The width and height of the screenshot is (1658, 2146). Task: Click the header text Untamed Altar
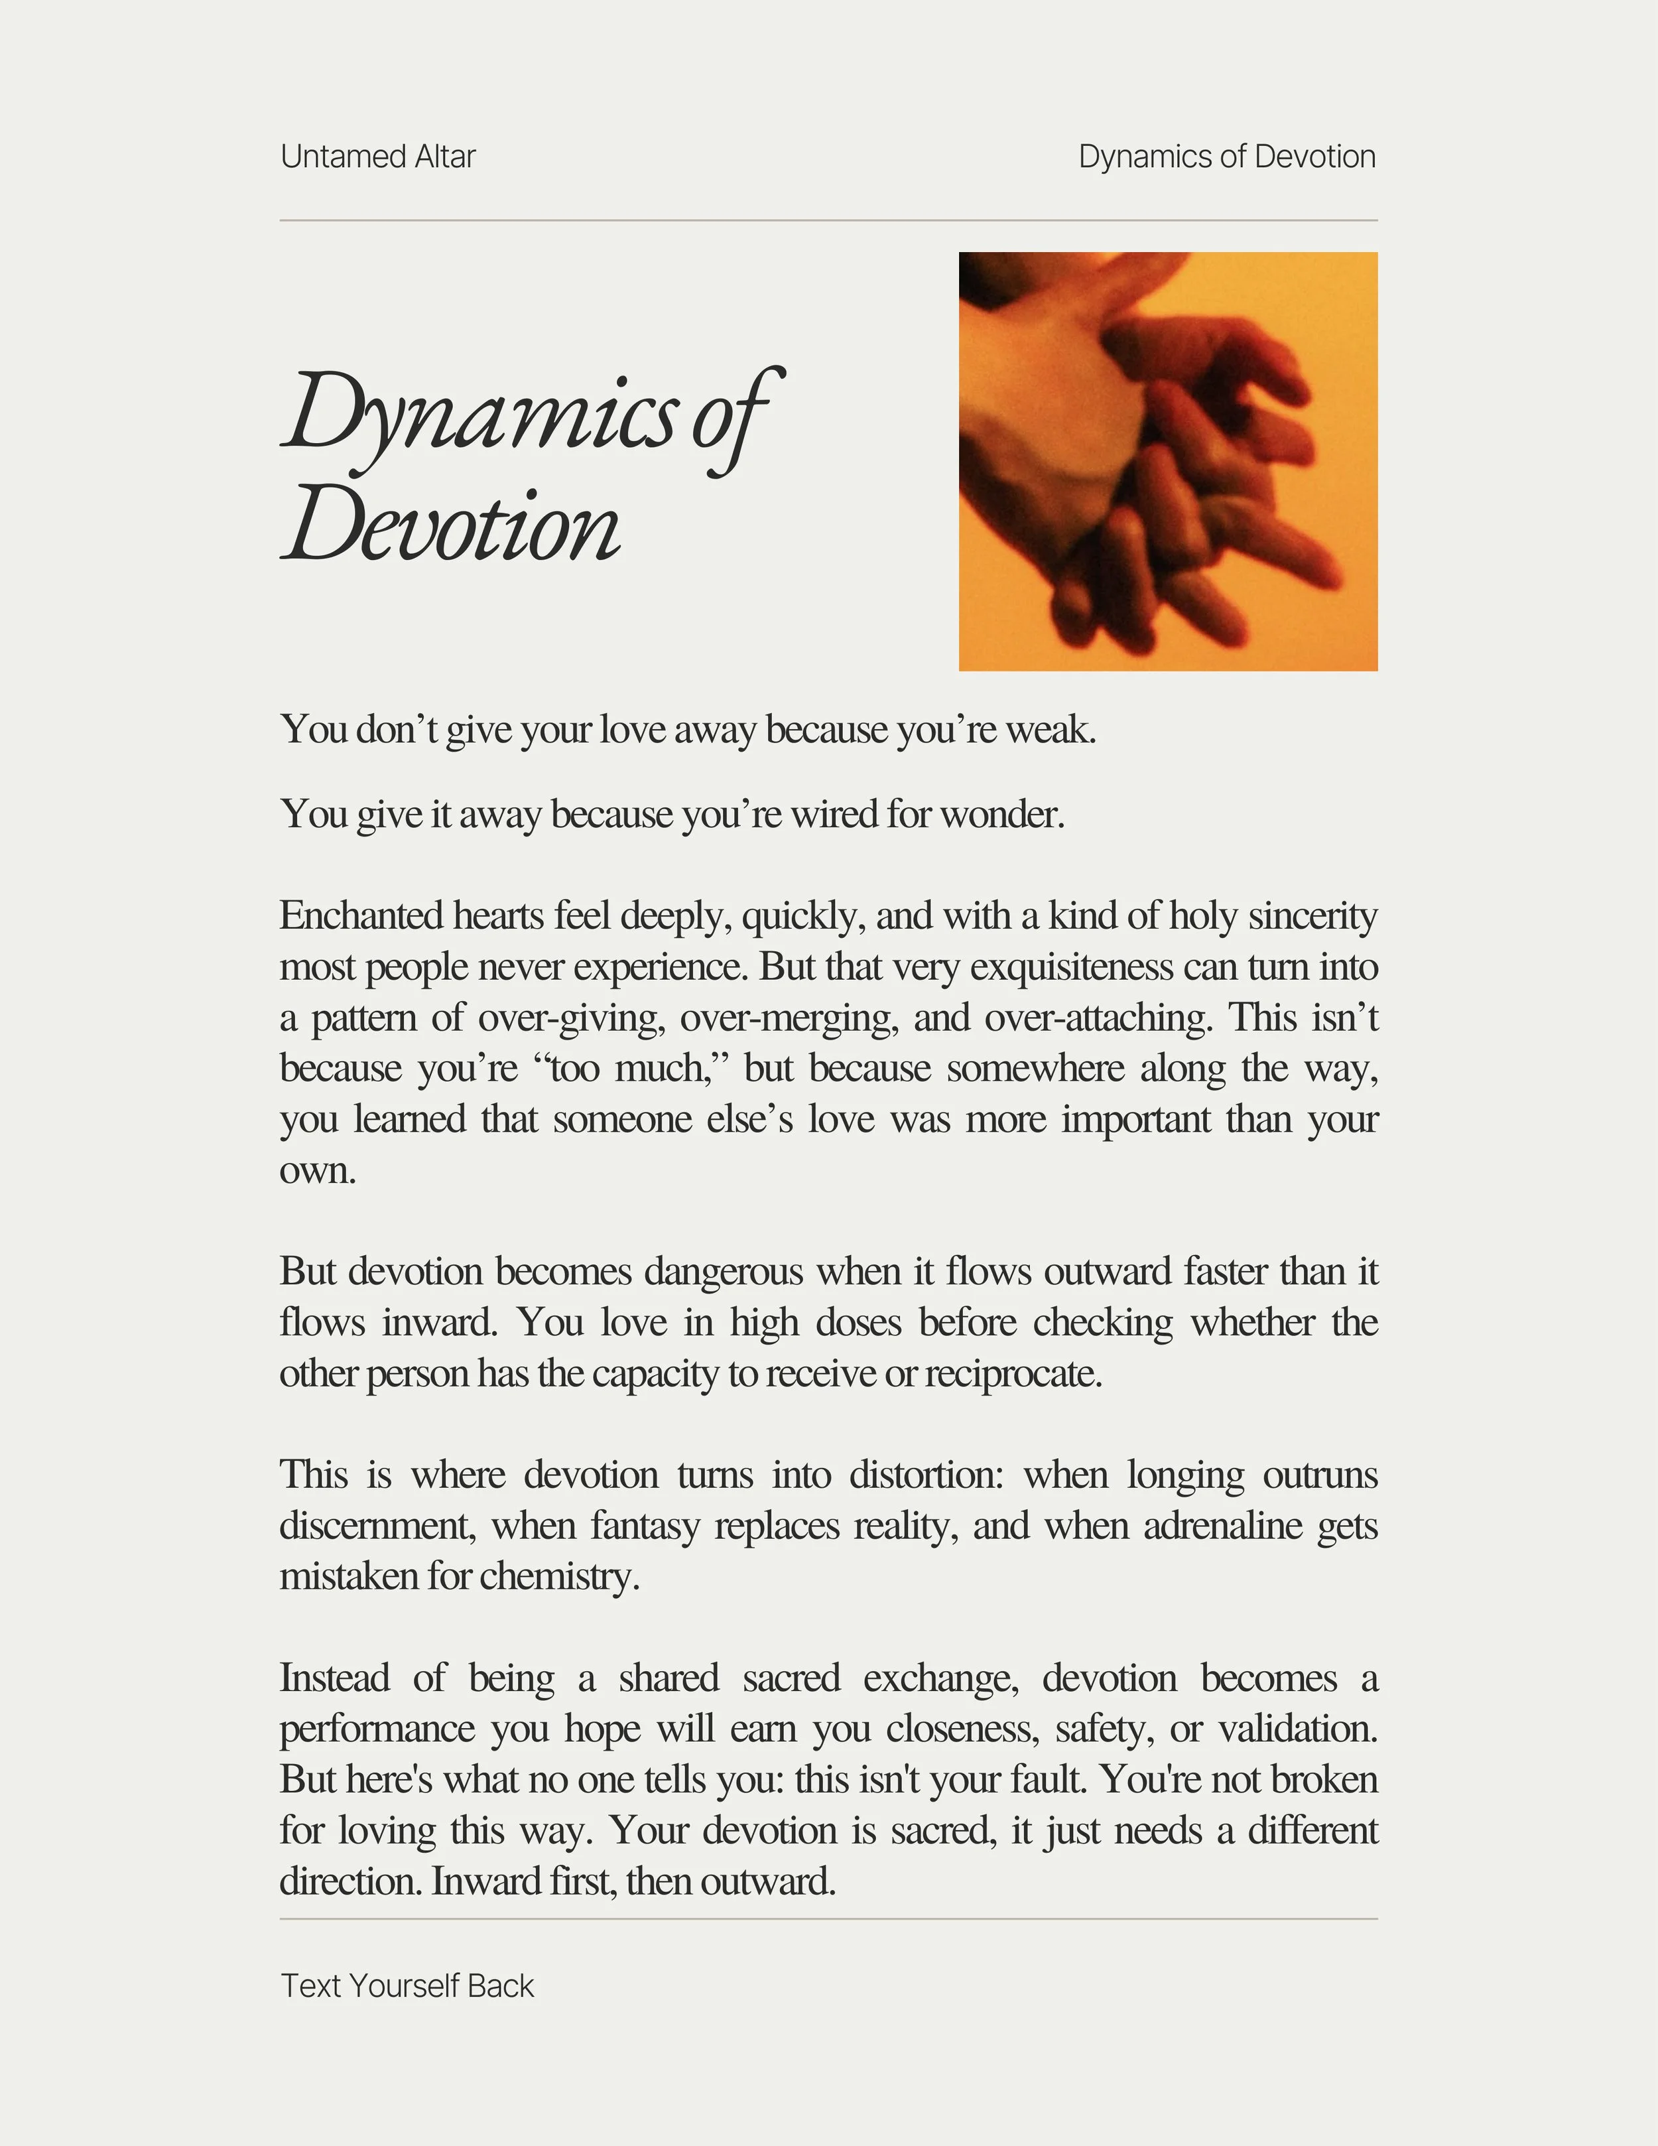point(377,157)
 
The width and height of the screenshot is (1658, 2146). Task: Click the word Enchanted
point(361,916)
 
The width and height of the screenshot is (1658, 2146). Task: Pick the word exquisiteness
point(1070,967)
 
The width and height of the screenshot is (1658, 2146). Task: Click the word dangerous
point(723,1272)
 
